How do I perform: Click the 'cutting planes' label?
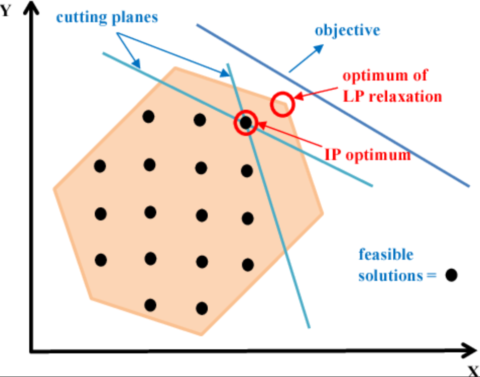[107, 17]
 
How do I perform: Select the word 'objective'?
[347, 30]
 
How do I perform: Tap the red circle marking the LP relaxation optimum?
[282, 104]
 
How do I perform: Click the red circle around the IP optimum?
[246, 122]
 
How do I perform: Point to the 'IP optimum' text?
[368, 155]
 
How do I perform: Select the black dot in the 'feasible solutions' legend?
[451, 275]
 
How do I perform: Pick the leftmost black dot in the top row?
[148, 117]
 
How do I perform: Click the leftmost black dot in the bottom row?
[150, 305]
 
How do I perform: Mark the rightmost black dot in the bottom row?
[202, 308]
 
